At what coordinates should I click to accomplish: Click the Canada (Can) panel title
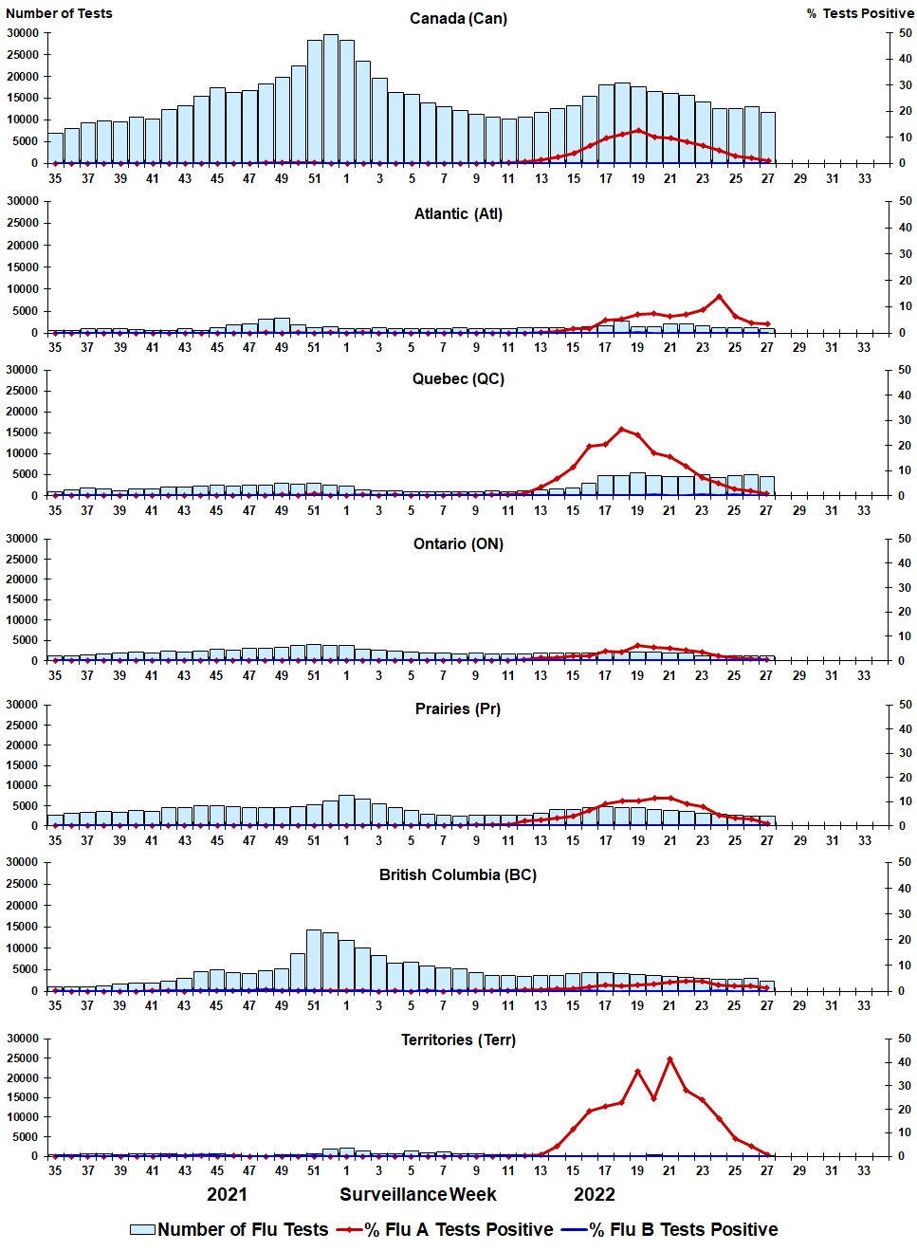458,18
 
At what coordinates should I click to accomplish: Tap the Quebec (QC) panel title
458,378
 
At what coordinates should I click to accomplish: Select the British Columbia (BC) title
458,874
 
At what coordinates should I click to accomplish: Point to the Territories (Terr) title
458,1039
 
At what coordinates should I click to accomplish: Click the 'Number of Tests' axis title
59,13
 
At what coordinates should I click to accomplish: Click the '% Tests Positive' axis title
860,13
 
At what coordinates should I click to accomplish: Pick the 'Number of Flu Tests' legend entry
229,1229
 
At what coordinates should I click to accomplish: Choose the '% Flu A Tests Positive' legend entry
446,1229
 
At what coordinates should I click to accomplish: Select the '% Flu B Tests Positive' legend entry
670,1229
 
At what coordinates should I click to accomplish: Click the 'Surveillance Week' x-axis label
418,1194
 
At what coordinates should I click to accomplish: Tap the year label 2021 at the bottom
227,1194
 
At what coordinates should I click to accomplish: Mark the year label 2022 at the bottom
595,1194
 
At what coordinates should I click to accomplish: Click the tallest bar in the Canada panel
330,95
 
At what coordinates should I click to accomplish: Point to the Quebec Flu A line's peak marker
622,429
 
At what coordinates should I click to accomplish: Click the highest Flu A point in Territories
670,1058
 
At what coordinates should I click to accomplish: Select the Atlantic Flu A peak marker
719,297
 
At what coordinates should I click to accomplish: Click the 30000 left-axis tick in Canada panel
23,33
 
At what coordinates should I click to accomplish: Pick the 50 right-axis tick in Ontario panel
906,539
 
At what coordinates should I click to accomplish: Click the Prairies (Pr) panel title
458,708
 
